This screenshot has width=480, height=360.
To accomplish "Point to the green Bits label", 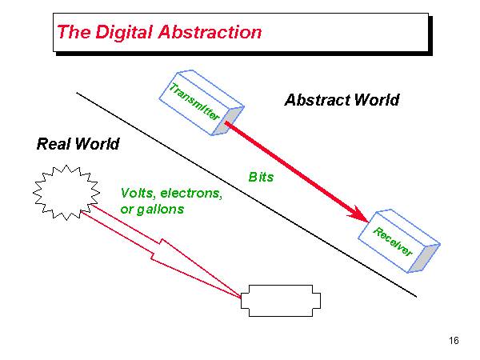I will [x=261, y=177].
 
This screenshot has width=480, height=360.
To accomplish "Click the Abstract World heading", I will [x=342, y=100].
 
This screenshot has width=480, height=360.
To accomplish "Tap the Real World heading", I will [x=78, y=144].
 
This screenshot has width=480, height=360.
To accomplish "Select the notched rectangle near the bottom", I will [x=282, y=300].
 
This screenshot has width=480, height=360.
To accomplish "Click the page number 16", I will [x=454, y=342].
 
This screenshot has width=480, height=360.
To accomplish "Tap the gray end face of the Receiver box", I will [x=429, y=255].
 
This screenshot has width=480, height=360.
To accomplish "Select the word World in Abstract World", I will [x=373, y=100].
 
